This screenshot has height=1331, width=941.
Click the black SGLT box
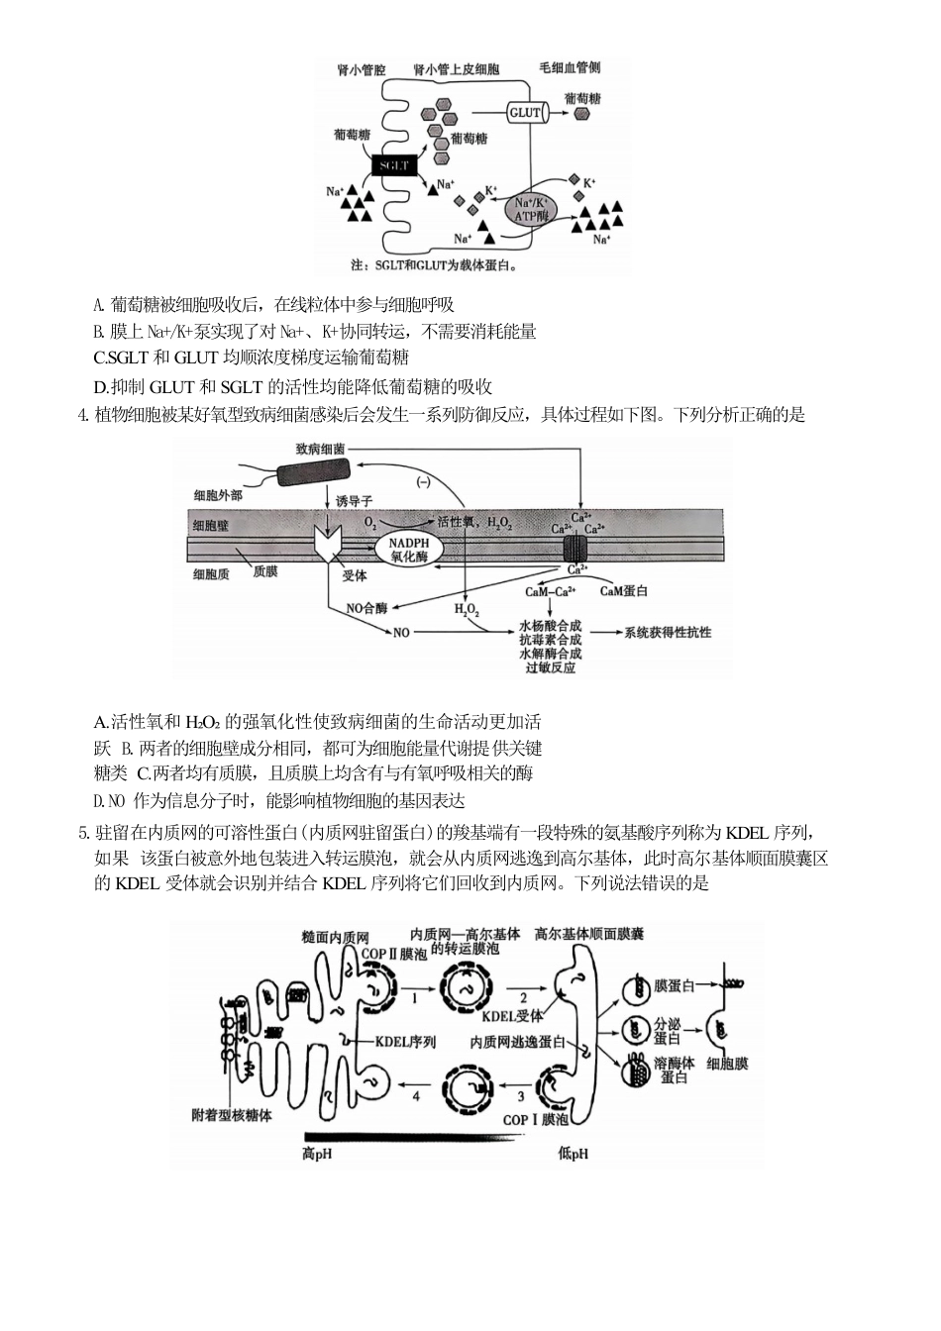[394, 165]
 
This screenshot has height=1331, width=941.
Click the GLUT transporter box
[525, 113]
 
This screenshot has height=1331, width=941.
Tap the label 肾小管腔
[362, 70]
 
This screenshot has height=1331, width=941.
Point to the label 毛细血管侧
[570, 67]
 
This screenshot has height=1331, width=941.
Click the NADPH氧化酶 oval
[408, 551]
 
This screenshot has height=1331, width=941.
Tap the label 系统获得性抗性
[668, 632]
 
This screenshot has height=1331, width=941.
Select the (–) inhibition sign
[423, 481]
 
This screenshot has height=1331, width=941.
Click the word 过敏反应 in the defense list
[550, 668]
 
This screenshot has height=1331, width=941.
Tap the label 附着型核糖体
[231, 1115]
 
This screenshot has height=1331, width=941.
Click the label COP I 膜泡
[536, 1119]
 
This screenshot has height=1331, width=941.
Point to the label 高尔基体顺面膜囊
[589, 934]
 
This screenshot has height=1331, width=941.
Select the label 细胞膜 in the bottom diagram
[727, 1064]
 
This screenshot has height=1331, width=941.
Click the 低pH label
[574, 1153]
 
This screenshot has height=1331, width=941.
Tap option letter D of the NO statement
[99, 801]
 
